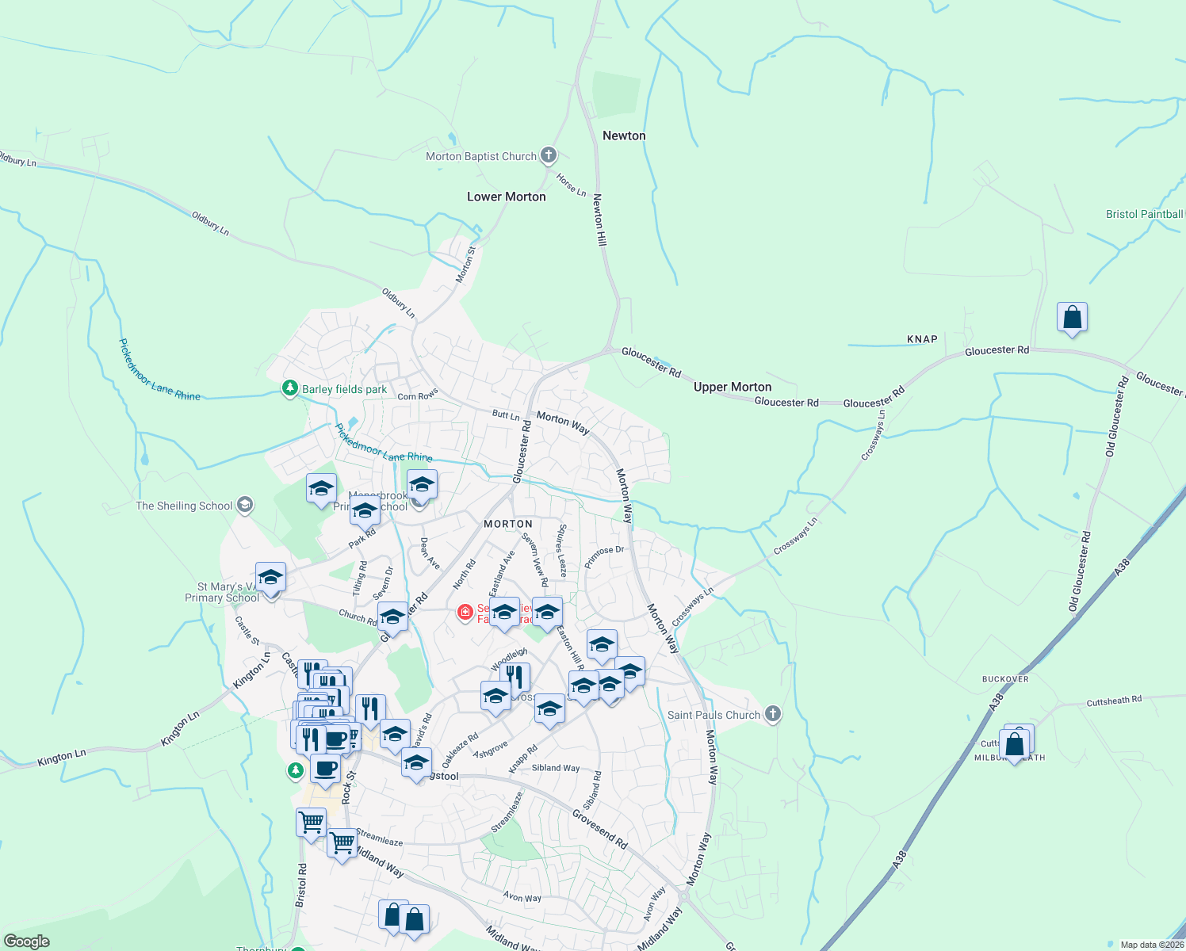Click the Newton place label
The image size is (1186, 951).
tap(624, 136)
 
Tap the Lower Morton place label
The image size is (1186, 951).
tap(506, 197)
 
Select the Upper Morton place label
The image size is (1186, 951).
tap(733, 387)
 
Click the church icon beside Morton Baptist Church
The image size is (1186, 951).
tap(549, 155)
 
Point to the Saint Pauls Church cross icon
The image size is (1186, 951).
tap(773, 714)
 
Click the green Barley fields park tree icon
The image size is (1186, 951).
tap(291, 388)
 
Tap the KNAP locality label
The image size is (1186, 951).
tap(922, 339)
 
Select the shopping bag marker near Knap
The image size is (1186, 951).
tap(1072, 318)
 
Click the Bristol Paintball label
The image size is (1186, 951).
tap(1144, 214)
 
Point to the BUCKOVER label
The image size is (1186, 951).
tap(1005, 679)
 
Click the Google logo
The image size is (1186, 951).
tap(26, 941)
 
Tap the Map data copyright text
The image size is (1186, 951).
tap(1151, 945)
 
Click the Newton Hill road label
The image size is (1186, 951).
tap(600, 220)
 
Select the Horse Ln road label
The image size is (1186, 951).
tap(571, 185)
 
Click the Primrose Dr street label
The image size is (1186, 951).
tap(604, 556)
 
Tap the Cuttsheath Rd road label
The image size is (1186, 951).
tap(1114, 701)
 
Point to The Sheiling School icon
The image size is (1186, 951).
tap(246, 505)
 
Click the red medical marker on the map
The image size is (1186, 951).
tap(465, 612)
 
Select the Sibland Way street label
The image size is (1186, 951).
tap(556, 768)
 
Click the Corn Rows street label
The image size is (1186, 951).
tap(418, 395)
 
